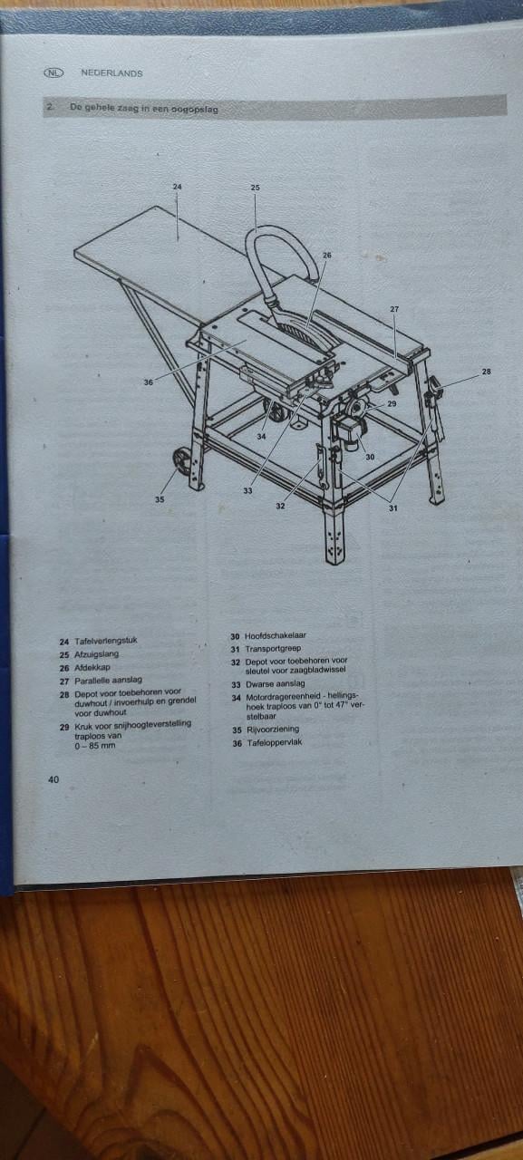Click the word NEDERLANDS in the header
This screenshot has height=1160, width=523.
111,73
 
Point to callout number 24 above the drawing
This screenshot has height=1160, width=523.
178,187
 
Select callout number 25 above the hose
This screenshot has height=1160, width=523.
255,188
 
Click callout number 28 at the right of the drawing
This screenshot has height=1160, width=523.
486,372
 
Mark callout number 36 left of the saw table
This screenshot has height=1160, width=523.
148,382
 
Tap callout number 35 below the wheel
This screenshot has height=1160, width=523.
160,498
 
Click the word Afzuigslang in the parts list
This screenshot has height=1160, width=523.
96,654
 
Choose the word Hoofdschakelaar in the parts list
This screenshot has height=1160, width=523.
281,635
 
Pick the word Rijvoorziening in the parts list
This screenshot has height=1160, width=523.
272,729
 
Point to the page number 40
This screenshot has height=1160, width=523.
54,779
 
